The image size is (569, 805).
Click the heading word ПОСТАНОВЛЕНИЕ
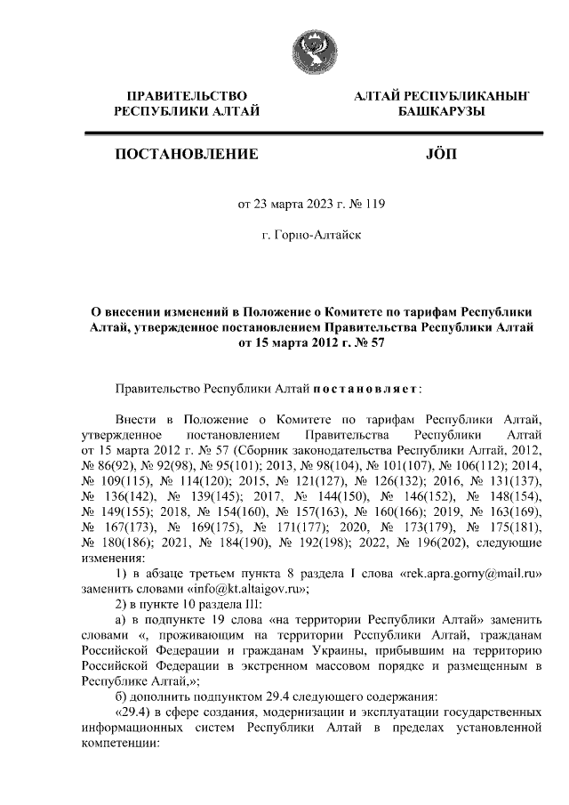[187, 155]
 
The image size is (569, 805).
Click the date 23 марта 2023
[293, 204]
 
